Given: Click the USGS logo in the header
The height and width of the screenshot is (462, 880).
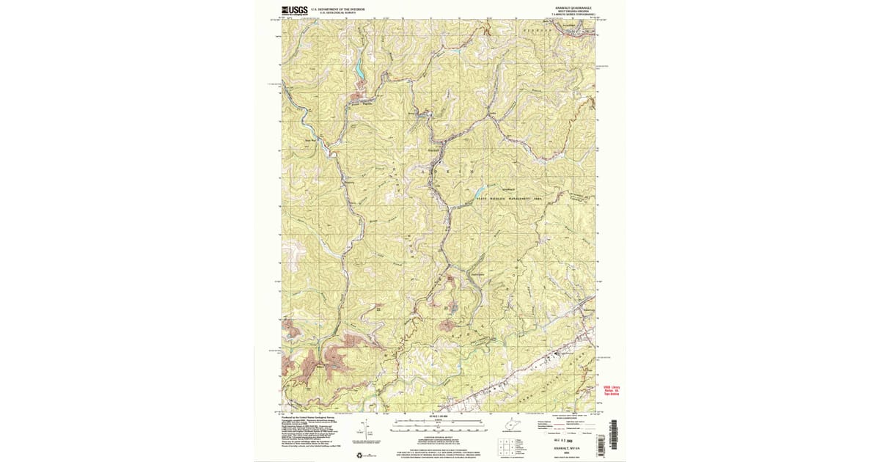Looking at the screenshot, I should click(294, 10).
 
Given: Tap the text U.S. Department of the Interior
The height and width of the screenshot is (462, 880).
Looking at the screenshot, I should click(335, 9).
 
